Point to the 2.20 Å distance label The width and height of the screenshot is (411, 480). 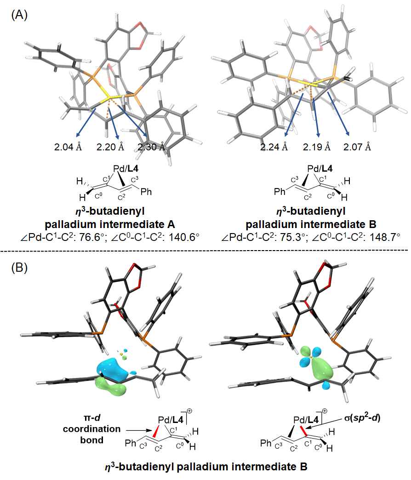pyautogui.click(x=110, y=147)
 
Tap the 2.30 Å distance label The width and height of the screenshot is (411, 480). pyautogui.click(x=151, y=147)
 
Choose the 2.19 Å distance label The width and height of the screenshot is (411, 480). pyautogui.click(x=317, y=147)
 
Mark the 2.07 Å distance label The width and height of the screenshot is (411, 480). pyautogui.click(x=357, y=147)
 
